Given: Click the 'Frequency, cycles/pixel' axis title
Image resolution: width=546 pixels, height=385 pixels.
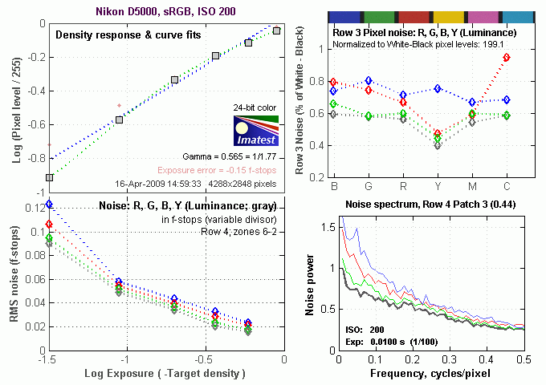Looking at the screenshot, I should point(430,375).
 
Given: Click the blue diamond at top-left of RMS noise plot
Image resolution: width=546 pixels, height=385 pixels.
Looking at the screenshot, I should point(49,205).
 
